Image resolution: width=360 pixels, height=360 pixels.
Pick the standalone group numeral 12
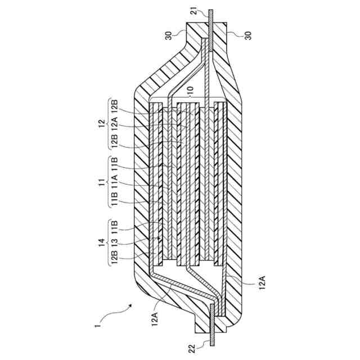pos(99,122)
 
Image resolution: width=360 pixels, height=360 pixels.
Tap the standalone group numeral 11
pos(99,183)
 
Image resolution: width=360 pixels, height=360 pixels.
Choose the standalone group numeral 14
pos(99,243)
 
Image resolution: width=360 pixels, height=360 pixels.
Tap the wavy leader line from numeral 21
pos(201,15)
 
